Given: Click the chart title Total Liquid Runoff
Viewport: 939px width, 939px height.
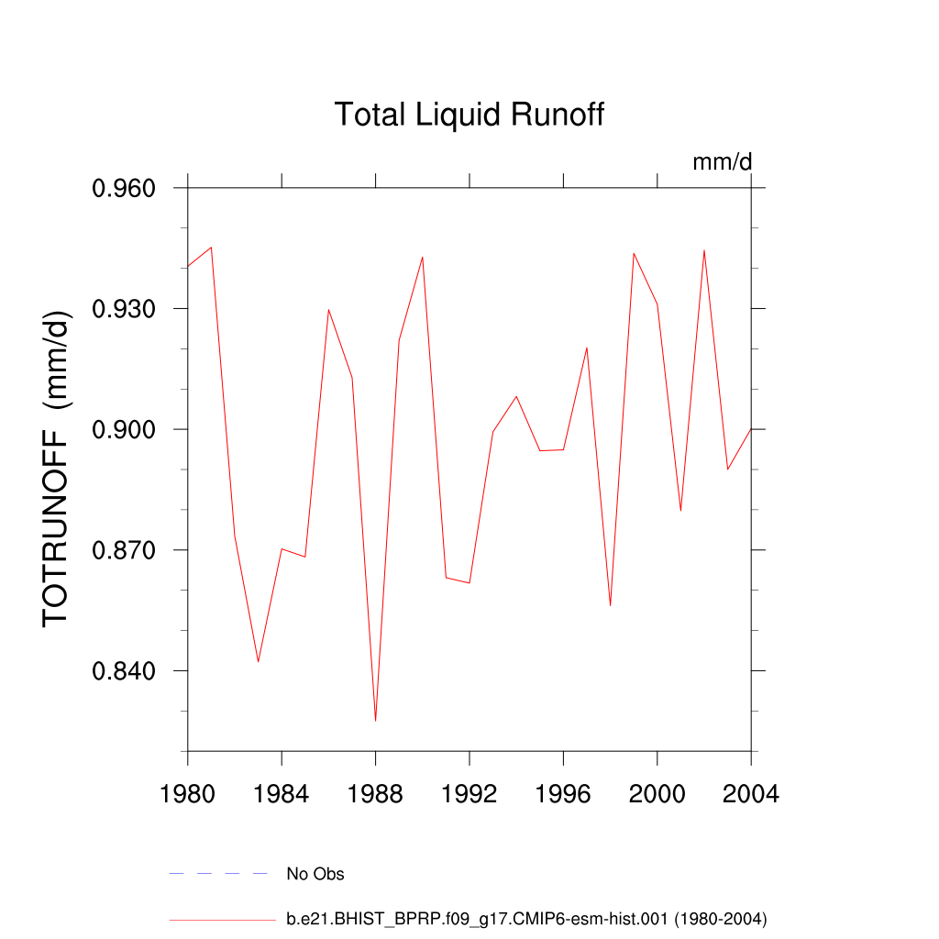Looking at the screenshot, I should tap(469, 116).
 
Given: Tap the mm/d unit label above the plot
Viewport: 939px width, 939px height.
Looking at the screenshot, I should tap(722, 162).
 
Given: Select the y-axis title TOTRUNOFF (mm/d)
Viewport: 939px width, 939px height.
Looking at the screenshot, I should tap(56, 469).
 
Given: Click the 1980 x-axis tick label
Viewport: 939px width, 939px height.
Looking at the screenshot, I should tap(188, 794).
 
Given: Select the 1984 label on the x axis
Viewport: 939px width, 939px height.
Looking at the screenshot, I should tap(282, 794).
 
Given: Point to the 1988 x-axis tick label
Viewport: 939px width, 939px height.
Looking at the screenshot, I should tap(376, 794).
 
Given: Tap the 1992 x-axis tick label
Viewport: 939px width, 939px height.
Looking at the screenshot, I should tap(469, 794).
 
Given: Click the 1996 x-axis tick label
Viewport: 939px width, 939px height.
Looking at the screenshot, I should tap(563, 794).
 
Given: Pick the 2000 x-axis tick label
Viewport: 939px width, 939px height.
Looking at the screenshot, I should tap(657, 794).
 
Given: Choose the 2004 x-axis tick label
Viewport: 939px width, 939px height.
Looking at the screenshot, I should tap(751, 794).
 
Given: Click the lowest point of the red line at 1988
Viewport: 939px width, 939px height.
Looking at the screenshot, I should tap(376, 720).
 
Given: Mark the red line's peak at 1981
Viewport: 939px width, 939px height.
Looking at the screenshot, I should tap(212, 248).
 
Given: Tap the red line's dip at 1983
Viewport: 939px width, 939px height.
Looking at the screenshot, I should tap(259, 661).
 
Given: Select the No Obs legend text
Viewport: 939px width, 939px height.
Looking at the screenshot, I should tap(315, 874).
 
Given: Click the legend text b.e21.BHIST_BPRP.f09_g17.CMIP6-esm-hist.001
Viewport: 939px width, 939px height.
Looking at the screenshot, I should tap(526, 918).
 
